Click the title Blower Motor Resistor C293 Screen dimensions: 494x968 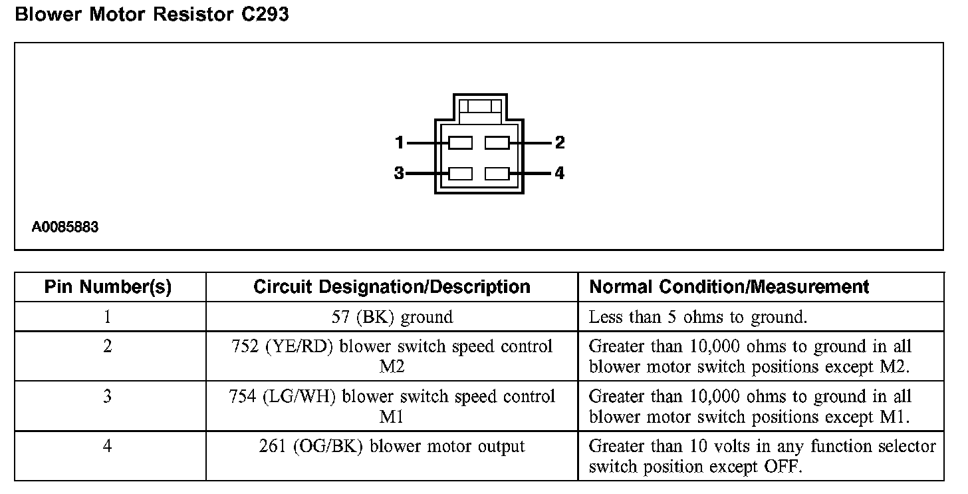(x=152, y=15)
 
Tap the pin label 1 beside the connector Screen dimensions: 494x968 (x=399, y=142)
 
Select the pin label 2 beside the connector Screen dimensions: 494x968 (x=560, y=142)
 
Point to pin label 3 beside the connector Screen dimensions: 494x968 (x=399, y=174)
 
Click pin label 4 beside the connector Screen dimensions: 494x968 (x=560, y=174)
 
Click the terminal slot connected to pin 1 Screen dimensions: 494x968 (x=461, y=142)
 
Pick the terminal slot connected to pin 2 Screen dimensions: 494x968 (x=497, y=142)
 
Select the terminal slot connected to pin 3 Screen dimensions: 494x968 (x=461, y=174)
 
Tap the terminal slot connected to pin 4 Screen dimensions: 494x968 (x=497, y=174)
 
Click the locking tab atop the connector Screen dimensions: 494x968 (x=479, y=107)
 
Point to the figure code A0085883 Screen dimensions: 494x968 (x=65, y=227)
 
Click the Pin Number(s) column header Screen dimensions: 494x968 (x=108, y=287)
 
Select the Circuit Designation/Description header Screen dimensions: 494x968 (x=392, y=287)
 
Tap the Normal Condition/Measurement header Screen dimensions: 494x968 (x=729, y=287)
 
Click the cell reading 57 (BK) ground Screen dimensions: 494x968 (x=392, y=317)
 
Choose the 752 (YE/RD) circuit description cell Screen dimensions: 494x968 (x=392, y=356)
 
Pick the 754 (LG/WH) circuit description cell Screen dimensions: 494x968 (x=392, y=406)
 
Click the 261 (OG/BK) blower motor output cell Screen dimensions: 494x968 (x=392, y=446)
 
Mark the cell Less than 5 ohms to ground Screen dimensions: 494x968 (x=698, y=317)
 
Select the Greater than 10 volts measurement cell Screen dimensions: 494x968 (x=762, y=456)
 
